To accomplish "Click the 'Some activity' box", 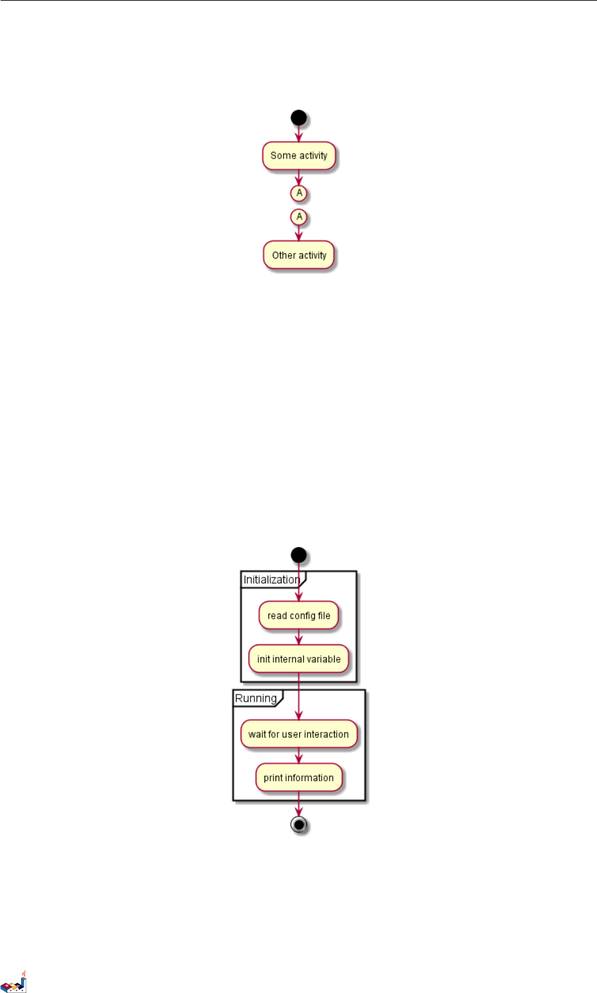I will [299, 156].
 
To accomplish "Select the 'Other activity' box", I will [299, 255].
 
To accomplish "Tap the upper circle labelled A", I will [299, 193].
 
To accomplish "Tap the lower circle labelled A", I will [299, 216].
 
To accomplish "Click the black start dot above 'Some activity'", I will [299, 118].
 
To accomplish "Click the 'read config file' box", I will [299, 616].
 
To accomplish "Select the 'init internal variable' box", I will [299, 659].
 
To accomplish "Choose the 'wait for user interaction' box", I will [299, 735].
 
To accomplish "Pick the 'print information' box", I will [299, 778].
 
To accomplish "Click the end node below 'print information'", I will [299, 825].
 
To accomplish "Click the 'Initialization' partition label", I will [272, 579].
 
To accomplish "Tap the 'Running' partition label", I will [256, 698].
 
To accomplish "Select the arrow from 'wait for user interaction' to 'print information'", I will [299, 756].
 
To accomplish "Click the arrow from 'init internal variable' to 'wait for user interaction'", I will [299, 697].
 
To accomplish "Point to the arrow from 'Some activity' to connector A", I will [299, 178].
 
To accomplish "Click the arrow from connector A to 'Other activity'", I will [299, 232].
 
